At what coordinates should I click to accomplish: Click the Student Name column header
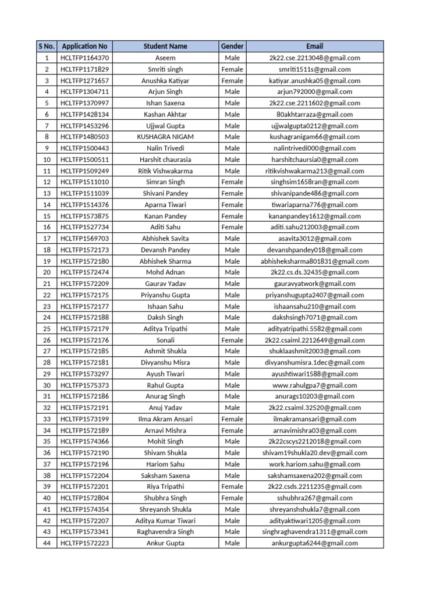pos(165,46)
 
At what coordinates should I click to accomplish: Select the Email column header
pos(314,46)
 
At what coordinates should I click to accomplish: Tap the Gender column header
pos(232,46)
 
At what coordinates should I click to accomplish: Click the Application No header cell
pos(84,46)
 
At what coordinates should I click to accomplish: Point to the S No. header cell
pos(46,46)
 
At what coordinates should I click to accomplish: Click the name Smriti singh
pos(165,69)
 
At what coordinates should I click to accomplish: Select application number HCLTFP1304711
pos(84,92)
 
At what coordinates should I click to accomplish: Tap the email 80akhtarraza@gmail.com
pos(314,114)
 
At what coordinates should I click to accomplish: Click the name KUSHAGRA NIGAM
pos(165,137)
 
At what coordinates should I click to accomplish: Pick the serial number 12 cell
pos(46,182)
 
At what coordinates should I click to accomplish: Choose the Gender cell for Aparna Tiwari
pos(232,205)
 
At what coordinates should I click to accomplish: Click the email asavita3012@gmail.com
pos(314,239)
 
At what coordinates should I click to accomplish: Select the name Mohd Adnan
pos(165,272)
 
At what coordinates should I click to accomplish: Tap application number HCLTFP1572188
pos(84,318)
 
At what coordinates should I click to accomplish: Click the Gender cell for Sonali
pos(232,340)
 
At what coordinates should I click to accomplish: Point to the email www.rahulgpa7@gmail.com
pos(314,385)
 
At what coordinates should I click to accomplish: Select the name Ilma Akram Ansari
pos(165,419)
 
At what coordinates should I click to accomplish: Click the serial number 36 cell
pos(46,453)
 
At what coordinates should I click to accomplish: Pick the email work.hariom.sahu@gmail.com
pos(314,464)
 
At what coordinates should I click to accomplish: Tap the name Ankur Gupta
pos(165,543)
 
